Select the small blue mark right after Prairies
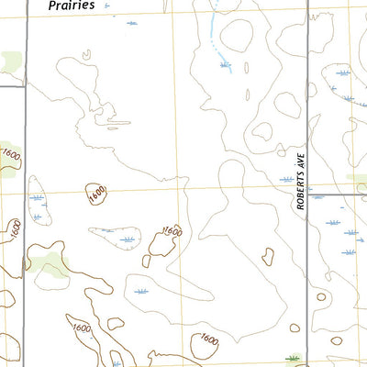tap(106, 6)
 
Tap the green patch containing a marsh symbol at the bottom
tap(294, 359)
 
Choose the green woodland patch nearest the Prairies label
tap(11, 62)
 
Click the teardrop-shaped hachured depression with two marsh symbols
tap(39, 206)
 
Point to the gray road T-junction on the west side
tap(25, 87)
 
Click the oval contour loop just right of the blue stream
tap(237, 37)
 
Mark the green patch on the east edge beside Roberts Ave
tap(356, 180)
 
